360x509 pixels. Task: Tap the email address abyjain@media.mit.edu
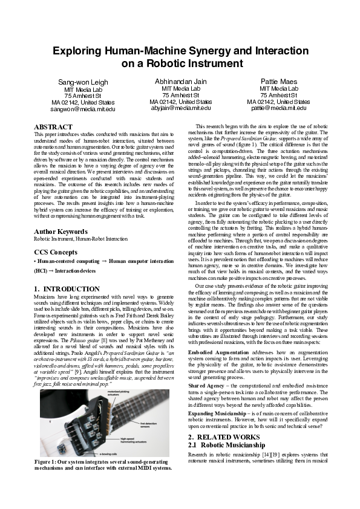tap(180, 108)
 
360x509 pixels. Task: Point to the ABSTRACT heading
tap(54, 126)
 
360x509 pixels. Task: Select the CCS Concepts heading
tap(57, 250)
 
